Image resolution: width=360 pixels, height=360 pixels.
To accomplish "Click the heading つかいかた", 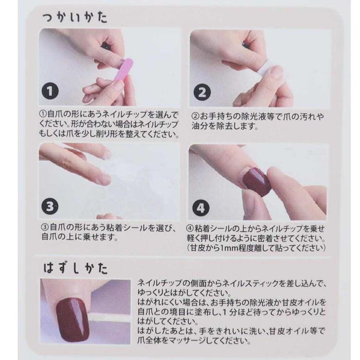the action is tap(75, 18).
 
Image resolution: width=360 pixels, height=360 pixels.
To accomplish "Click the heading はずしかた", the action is tap(75, 268).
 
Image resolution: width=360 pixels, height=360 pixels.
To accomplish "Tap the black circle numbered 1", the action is tap(50, 91).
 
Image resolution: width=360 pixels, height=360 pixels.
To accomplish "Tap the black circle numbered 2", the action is tap(202, 92).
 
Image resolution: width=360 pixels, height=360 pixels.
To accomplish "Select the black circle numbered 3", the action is tap(50, 206).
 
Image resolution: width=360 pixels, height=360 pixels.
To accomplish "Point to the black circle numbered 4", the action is tap(200, 208).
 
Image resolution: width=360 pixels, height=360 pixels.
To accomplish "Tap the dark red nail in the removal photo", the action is tap(72, 320).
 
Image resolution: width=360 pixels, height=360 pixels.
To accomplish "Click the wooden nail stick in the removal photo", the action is tap(110, 319).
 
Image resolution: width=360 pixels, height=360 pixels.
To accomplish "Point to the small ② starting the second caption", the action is tap(196, 116).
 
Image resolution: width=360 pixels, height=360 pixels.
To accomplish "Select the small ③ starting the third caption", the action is tap(45, 227).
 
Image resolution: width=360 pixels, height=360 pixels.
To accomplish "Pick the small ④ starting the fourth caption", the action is tap(190, 229).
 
